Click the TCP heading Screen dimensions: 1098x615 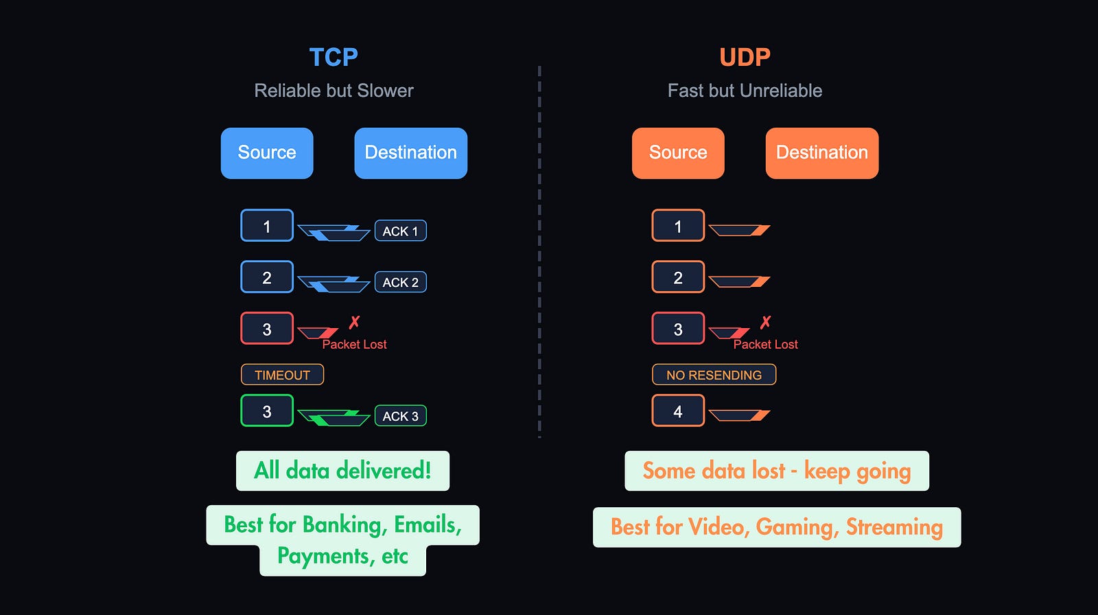point(334,57)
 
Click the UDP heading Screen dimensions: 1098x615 point(745,57)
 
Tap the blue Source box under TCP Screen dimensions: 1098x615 point(267,153)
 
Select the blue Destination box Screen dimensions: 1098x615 point(410,153)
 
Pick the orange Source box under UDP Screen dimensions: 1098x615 point(678,153)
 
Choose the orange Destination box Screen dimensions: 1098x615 point(821,153)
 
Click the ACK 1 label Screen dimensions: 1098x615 point(400,231)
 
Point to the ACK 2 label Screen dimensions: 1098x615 point(400,282)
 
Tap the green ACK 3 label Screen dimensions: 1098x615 point(400,416)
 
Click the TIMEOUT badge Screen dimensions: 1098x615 point(282,375)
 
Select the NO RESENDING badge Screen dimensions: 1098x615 point(714,375)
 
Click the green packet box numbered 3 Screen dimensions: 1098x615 point(267,411)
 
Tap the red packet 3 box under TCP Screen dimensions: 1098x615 point(267,329)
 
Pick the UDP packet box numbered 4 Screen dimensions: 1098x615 point(678,411)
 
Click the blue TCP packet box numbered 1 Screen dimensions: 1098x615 point(267,226)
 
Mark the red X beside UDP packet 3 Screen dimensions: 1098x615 point(765,322)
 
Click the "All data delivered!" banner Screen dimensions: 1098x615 point(342,471)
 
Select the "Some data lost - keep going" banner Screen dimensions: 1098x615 point(776,471)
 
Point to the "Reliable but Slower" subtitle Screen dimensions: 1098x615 point(334,91)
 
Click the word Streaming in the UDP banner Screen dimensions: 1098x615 point(894,527)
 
